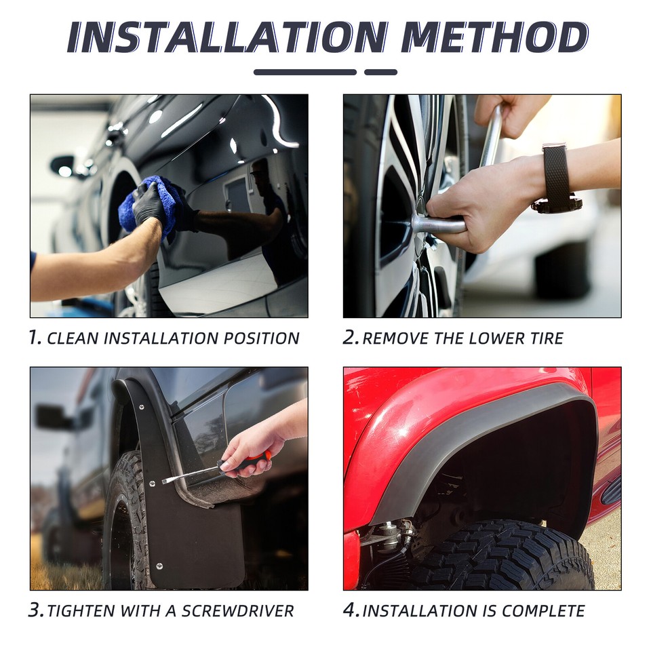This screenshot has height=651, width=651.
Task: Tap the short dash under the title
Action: pyautogui.click(x=380, y=72)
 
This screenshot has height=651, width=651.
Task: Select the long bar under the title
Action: pyautogui.click(x=304, y=72)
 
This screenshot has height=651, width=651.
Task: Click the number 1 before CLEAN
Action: pyautogui.click(x=35, y=338)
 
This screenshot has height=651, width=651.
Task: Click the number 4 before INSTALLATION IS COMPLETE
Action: pyautogui.click(x=351, y=610)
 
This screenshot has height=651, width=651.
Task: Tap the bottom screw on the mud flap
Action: pyautogui.click(x=158, y=566)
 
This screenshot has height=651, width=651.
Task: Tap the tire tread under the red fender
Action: pyautogui.click(x=502, y=556)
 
